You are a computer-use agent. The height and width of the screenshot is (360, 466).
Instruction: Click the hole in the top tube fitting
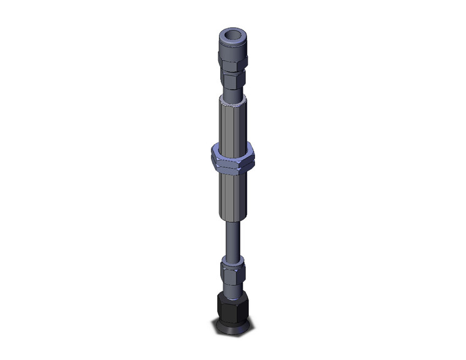click(232, 35)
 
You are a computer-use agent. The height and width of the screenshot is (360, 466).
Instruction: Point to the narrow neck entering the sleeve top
click(232, 92)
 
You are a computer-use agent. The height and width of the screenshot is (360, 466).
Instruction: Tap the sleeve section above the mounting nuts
click(232, 123)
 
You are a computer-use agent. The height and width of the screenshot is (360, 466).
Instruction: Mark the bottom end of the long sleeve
click(232, 221)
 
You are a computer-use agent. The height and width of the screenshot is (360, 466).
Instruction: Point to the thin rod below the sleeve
click(232, 239)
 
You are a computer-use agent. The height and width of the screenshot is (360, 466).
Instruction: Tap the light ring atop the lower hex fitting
click(232, 260)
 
